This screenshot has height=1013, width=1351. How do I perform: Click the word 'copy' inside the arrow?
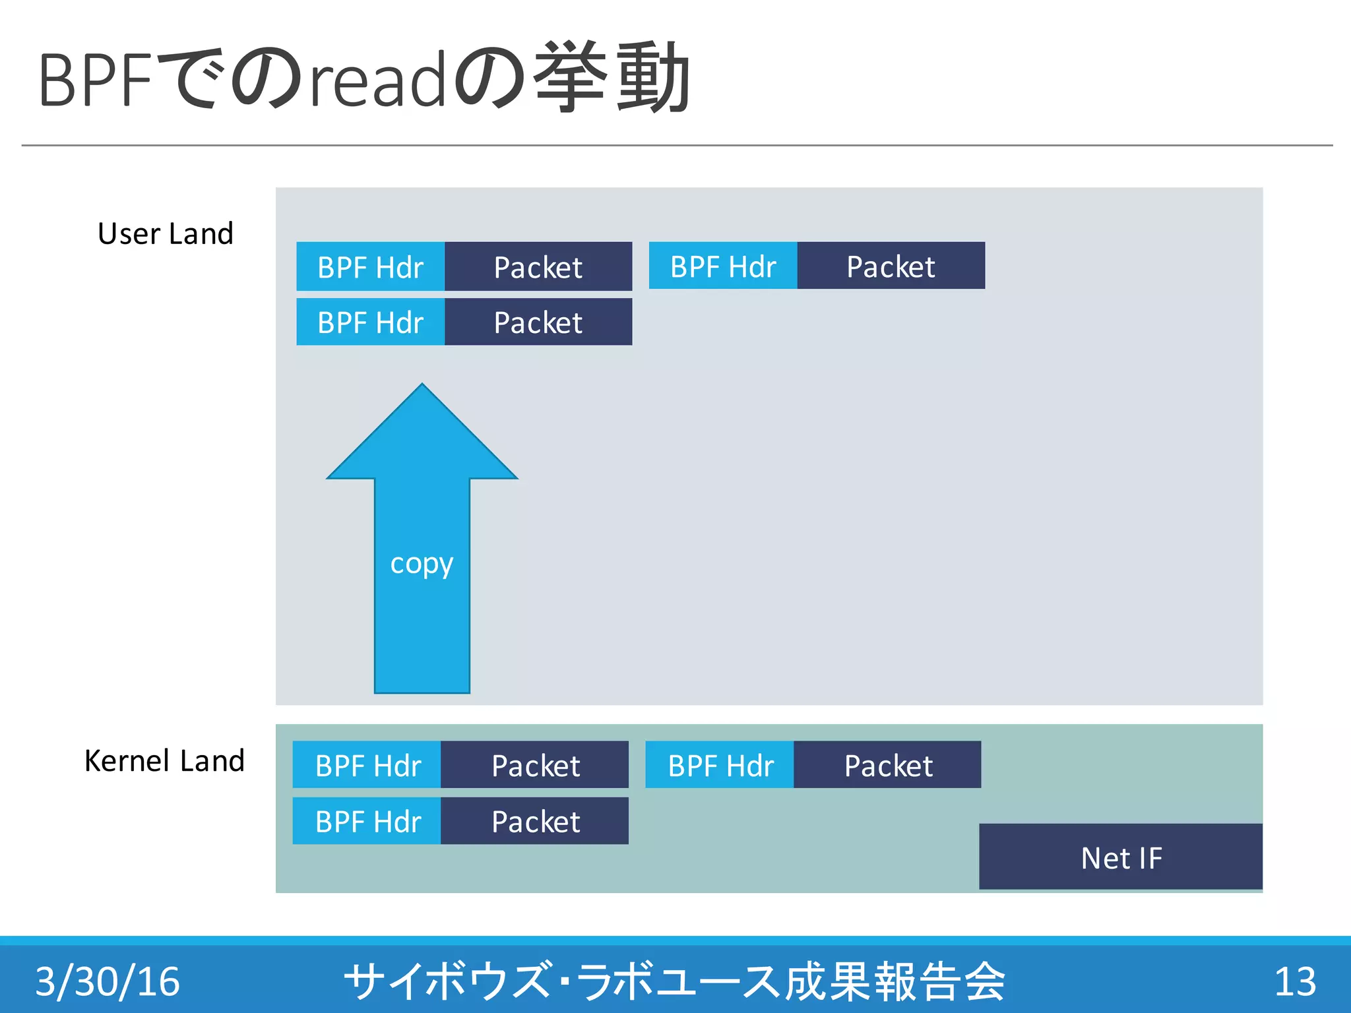pyautogui.click(x=422, y=565)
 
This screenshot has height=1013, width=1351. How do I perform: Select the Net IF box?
pyautogui.click(x=1121, y=857)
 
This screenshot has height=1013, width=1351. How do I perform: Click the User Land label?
pyautogui.click(x=166, y=234)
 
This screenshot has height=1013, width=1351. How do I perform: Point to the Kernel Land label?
pyautogui.click(x=164, y=761)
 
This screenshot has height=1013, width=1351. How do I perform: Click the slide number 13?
pyautogui.click(x=1294, y=981)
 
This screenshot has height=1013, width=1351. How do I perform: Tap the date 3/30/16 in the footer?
pyautogui.click(x=108, y=981)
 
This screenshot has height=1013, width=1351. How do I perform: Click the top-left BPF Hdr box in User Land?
pyautogui.click(x=370, y=267)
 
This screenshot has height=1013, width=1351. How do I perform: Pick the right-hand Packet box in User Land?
pyautogui.click(x=891, y=266)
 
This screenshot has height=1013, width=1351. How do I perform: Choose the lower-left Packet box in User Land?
pyautogui.click(x=538, y=322)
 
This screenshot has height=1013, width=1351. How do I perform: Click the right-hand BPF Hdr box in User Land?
pyautogui.click(x=723, y=266)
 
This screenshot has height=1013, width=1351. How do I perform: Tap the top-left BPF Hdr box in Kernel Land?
pyautogui.click(x=367, y=766)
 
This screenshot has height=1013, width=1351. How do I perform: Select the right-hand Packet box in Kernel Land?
pyautogui.click(x=888, y=766)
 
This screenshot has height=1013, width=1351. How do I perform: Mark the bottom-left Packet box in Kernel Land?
pyautogui.click(x=535, y=822)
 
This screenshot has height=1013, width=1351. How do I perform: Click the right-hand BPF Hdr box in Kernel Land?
pyautogui.click(x=720, y=766)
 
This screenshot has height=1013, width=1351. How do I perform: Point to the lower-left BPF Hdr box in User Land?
pyautogui.click(x=370, y=322)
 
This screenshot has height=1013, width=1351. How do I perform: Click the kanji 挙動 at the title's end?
pyautogui.click(x=612, y=78)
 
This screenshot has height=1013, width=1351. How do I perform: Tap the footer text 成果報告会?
pyautogui.click(x=895, y=981)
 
